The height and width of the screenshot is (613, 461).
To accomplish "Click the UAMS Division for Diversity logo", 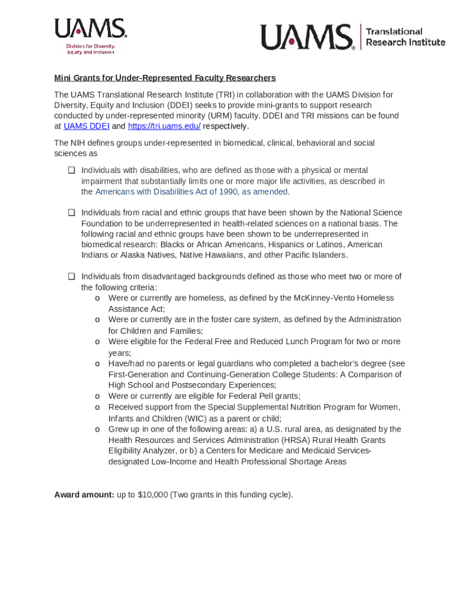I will [x=90, y=36].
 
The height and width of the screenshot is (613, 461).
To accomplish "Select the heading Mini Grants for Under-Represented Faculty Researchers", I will [x=165, y=78].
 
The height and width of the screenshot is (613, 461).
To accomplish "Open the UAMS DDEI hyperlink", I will [x=86, y=126].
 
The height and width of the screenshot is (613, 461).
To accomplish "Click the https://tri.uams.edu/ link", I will [x=164, y=126].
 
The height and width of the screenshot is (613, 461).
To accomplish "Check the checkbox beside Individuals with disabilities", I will [x=71, y=171].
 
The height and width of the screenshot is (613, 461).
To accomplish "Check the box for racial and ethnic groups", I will [x=71, y=213].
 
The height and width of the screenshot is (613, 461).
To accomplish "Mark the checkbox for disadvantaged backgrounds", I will [x=71, y=277].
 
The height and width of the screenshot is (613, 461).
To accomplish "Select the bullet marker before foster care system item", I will [x=97, y=320].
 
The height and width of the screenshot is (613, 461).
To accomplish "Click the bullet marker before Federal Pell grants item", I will [x=97, y=396].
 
